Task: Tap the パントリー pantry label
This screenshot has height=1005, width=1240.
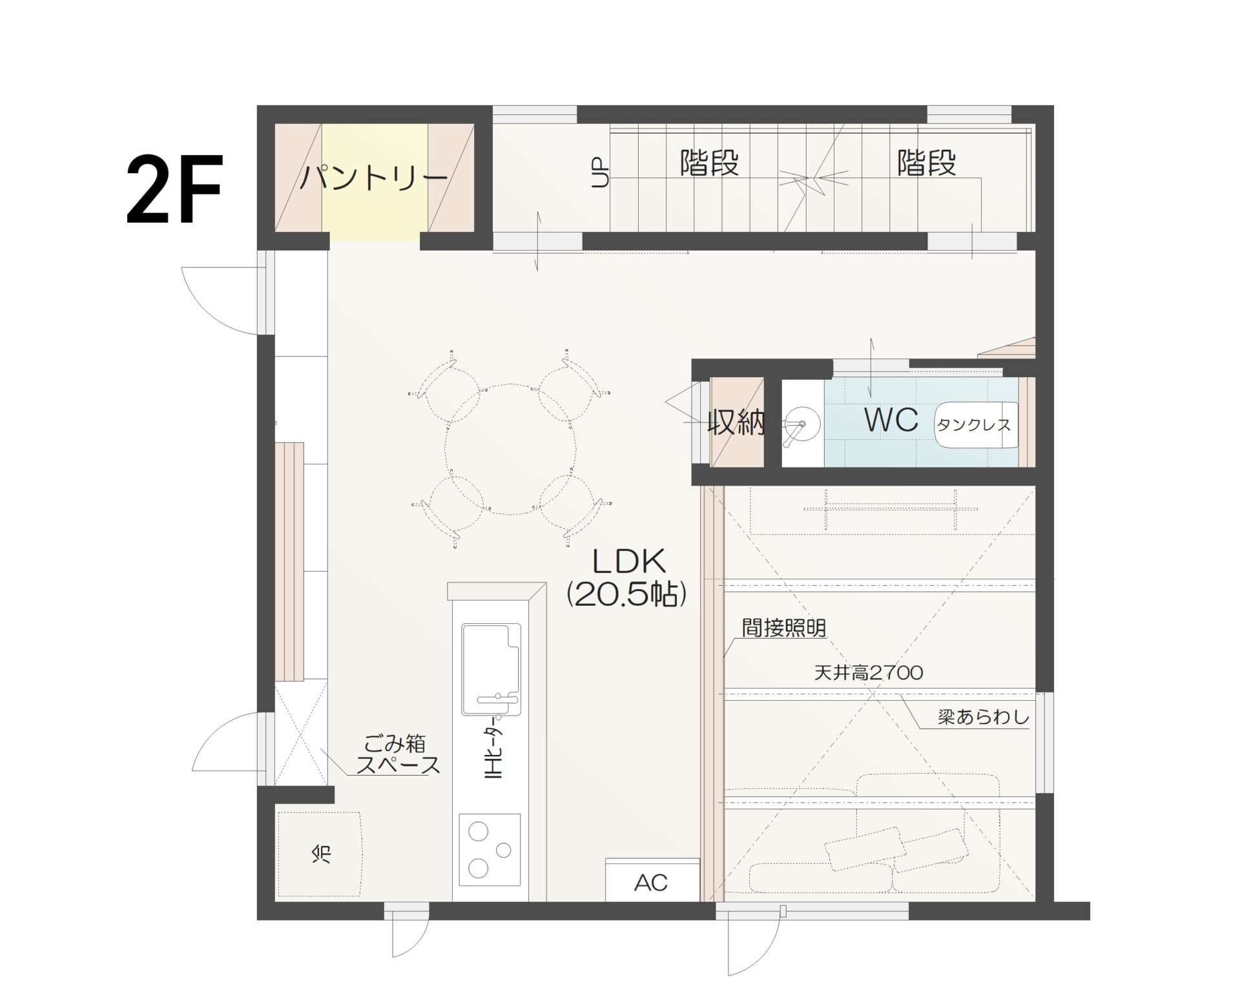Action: pos(374,177)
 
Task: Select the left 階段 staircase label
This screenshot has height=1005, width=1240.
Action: pos(709,163)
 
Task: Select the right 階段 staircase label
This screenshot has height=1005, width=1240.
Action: pos(926,163)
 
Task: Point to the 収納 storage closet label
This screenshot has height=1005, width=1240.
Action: pos(736,423)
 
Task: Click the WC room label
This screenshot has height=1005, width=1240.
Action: pos(891,420)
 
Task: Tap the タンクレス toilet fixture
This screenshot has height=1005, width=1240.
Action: pos(976,424)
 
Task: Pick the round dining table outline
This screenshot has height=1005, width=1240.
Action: pos(510,450)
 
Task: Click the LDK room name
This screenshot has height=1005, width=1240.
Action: pos(629,562)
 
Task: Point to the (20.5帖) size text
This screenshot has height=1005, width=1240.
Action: pos(626,595)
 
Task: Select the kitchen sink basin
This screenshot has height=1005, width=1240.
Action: pos(491,668)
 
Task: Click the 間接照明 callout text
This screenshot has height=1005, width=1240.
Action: pos(783,628)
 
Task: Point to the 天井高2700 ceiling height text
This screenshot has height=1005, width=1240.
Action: pos(869,673)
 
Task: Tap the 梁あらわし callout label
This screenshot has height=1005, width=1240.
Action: pos(984,718)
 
